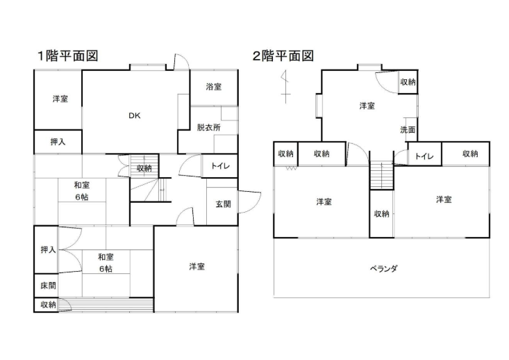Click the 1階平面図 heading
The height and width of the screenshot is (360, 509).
(67, 56)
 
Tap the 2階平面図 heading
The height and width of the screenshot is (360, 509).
(283, 56)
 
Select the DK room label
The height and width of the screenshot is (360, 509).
(134, 116)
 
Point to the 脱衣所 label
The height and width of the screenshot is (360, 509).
(208, 127)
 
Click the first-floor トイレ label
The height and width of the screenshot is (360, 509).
(220, 167)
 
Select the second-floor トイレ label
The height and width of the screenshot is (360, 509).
(424, 156)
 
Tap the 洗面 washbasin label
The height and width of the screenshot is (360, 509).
(408, 130)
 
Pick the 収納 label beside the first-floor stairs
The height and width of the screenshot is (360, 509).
(144, 167)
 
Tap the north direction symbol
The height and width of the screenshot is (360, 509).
(283, 87)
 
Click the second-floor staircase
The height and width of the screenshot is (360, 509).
(381, 174)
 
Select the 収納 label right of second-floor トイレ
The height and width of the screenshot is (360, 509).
(469, 154)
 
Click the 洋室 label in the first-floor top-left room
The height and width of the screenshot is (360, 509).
(60, 99)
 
